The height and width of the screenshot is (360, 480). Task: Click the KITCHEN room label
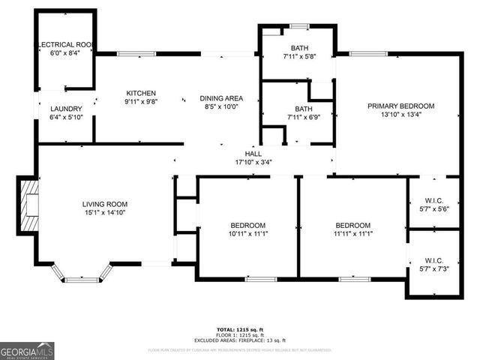coord(140,93)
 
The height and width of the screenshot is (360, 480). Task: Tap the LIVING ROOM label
coord(105,204)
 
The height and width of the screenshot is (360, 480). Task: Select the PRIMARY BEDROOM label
coord(400,106)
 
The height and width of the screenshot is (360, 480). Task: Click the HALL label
coord(242,153)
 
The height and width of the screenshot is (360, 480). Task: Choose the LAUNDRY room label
coord(65,109)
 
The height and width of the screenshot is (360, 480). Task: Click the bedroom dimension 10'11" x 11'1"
coord(247,234)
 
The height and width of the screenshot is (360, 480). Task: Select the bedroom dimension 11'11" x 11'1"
coord(352,234)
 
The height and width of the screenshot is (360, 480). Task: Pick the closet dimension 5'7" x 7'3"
coord(433,268)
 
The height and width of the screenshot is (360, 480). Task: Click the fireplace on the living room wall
coord(28,205)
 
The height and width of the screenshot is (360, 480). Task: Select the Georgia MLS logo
coord(28,350)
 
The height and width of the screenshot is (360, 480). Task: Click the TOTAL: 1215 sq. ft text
coord(240,329)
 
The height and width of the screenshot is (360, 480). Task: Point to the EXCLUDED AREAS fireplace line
coord(240,340)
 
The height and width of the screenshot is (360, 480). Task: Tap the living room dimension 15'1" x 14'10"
coord(105,213)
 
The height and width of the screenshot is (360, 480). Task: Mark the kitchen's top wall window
coord(136,53)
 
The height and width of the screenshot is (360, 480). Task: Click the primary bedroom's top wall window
coord(363,53)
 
